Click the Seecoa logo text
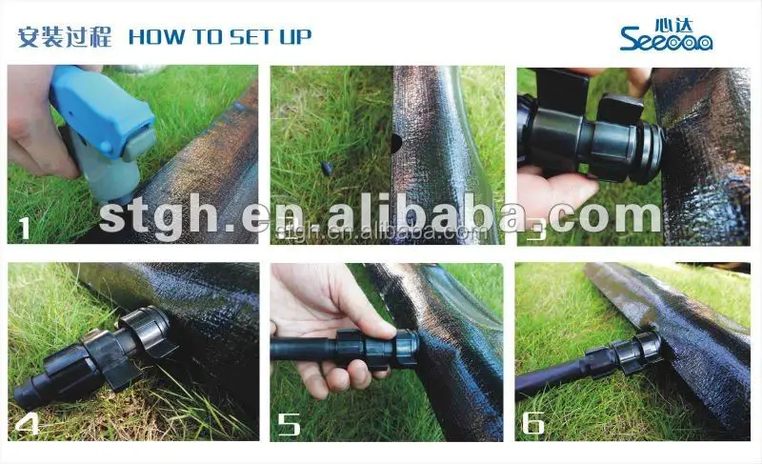click(x=666, y=39)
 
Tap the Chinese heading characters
click(x=65, y=37)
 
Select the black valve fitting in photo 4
click(x=114, y=357)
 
